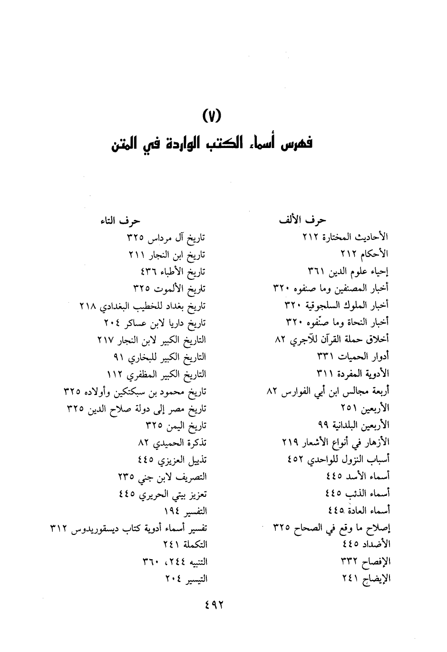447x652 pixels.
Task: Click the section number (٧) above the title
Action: pos(212,116)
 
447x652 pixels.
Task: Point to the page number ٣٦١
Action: pos(316,271)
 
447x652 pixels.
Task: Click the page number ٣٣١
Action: pos(326,356)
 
